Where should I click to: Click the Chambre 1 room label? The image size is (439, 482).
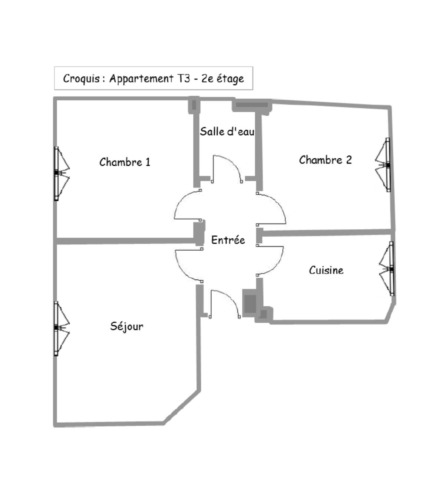pyautogui.click(x=125, y=162)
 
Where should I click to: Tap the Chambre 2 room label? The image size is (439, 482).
pyautogui.click(x=325, y=160)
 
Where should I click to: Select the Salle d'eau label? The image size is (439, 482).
pyautogui.click(x=227, y=131)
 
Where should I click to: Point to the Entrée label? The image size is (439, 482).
pyautogui.click(x=228, y=240)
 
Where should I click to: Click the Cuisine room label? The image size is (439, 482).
pyautogui.click(x=326, y=270)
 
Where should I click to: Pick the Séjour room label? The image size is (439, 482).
pyautogui.click(x=127, y=326)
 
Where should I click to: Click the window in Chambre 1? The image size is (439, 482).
pyautogui.click(x=62, y=174)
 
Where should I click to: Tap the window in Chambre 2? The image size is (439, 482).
pyautogui.click(x=383, y=165)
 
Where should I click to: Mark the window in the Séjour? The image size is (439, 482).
pyautogui.click(x=62, y=329)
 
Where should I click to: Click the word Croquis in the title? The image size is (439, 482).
pyautogui.click(x=81, y=79)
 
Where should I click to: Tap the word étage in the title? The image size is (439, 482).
pyautogui.click(x=230, y=79)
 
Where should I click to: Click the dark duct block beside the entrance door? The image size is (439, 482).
pyautogui.click(x=250, y=303)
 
